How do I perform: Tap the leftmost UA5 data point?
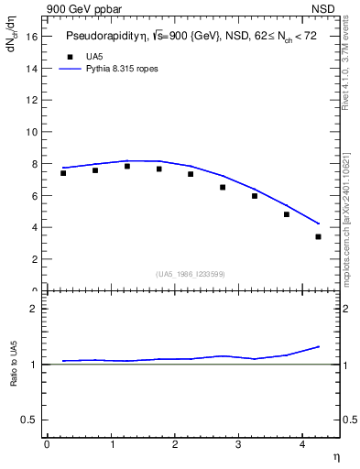pyautogui.click(x=63, y=173)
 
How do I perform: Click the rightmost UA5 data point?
pyautogui.click(x=318, y=236)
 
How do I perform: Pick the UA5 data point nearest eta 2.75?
pyautogui.click(x=223, y=187)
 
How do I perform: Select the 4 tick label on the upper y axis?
pyautogui.click(x=34, y=227)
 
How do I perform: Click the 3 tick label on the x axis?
pyautogui.click(x=238, y=444)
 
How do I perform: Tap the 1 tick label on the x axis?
pyautogui.click(x=111, y=444)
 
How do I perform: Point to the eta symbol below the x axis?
pyautogui.click(x=335, y=456)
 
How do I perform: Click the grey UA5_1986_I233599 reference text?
pyautogui.click(x=190, y=274)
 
